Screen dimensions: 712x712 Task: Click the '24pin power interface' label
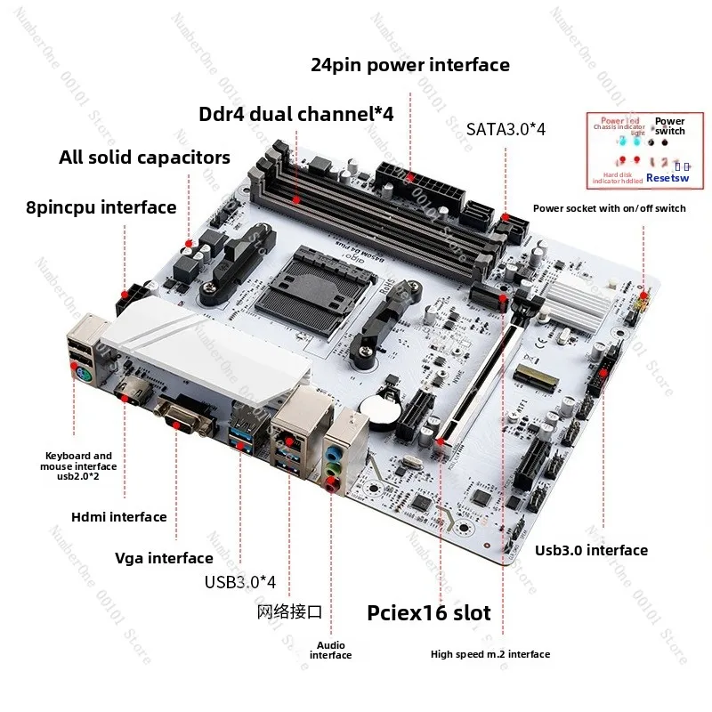tap(410, 65)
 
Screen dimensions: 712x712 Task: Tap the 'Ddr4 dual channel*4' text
tap(295, 114)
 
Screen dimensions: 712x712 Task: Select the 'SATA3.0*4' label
tap(506, 129)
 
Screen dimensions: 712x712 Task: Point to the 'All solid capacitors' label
tap(144, 158)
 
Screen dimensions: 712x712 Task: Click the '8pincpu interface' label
tap(101, 207)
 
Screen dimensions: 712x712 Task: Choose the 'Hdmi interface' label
tap(118, 516)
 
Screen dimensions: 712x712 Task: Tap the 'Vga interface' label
tap(164, 558)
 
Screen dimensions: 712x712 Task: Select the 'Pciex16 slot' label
tap(429, 613)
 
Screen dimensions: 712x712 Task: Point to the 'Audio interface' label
tap(330, 650)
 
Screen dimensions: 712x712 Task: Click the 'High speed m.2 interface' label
tap(490, 654)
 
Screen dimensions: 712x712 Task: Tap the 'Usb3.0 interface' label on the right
tap(591, 550)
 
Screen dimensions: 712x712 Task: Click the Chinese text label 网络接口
tap(289, 612)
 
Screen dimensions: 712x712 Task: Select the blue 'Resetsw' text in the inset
tap(667, 178)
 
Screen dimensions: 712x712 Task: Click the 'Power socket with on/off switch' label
tap(609, 208)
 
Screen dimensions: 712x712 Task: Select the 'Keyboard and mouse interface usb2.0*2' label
tap(78, 465)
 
